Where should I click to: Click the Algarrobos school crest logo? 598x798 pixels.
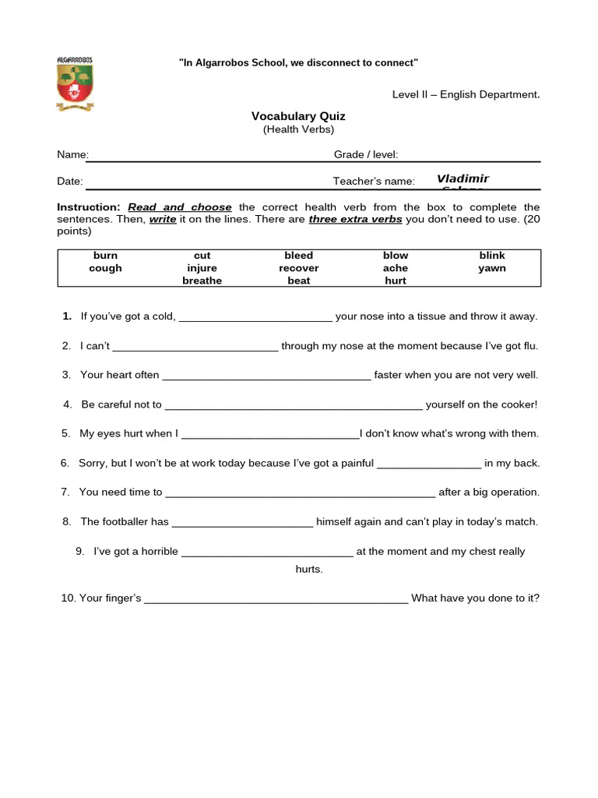[x=75, y=83]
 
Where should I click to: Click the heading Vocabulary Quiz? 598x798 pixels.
[x=298, y=116]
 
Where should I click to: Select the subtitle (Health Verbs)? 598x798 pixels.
[x=298, y=129]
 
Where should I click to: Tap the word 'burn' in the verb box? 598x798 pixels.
[x=105, y=256]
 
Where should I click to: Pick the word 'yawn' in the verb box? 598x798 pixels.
[x=492, y=268]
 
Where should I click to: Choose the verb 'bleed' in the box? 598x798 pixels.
[x=299, y=256]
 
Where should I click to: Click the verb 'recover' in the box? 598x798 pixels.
[x=299, y=268]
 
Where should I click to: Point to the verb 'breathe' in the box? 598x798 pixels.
[x=202, y=281]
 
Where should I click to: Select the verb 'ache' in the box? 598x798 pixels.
[x=396, y=268]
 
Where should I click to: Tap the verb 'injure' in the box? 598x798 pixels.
[x=202, y=268]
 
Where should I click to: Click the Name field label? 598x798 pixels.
[x=72, y=155]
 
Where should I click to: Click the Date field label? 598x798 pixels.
[x=70, y=181]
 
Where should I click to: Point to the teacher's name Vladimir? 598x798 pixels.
[x=463, y=178]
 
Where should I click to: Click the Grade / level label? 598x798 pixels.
[x=366, y=155]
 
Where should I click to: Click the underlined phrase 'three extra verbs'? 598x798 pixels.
[x=355, y=219]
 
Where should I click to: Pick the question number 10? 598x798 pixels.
[x=68, y=598]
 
